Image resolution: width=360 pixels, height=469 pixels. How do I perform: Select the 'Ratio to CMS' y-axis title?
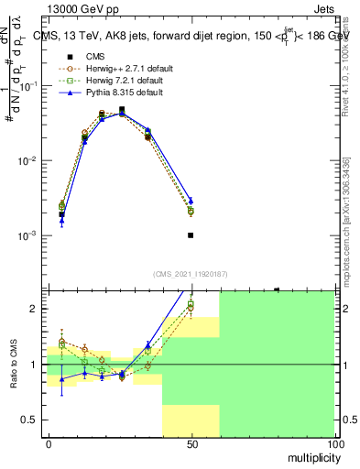pos(13,375)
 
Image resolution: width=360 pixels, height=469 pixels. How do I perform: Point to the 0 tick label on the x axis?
pos(49,442)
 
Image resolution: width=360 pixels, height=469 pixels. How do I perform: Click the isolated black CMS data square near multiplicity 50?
pos(191,235)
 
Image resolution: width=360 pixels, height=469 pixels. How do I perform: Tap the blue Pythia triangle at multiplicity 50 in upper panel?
pos(191,201)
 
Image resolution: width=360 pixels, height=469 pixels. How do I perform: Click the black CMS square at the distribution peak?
pos(122,109)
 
